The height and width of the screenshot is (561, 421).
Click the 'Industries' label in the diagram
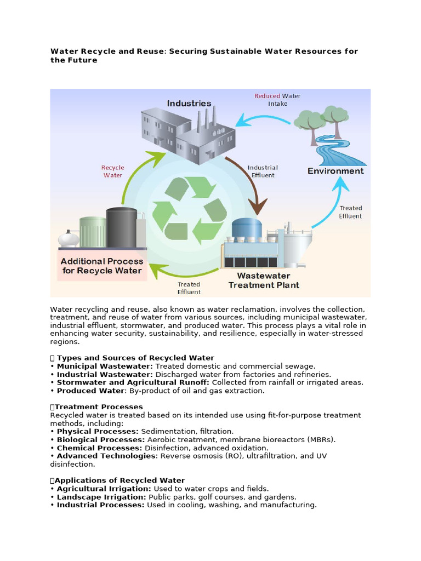189,103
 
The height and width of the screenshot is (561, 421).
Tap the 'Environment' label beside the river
335,171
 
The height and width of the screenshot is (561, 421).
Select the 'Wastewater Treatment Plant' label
264,280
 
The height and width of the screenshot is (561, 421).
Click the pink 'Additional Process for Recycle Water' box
101,266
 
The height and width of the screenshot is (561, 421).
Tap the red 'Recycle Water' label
113,171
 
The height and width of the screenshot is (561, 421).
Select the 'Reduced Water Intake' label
277,100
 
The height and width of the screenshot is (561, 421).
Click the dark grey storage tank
121,228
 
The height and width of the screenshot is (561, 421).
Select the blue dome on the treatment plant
247,227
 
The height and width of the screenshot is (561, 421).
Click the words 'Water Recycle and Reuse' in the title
107,51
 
